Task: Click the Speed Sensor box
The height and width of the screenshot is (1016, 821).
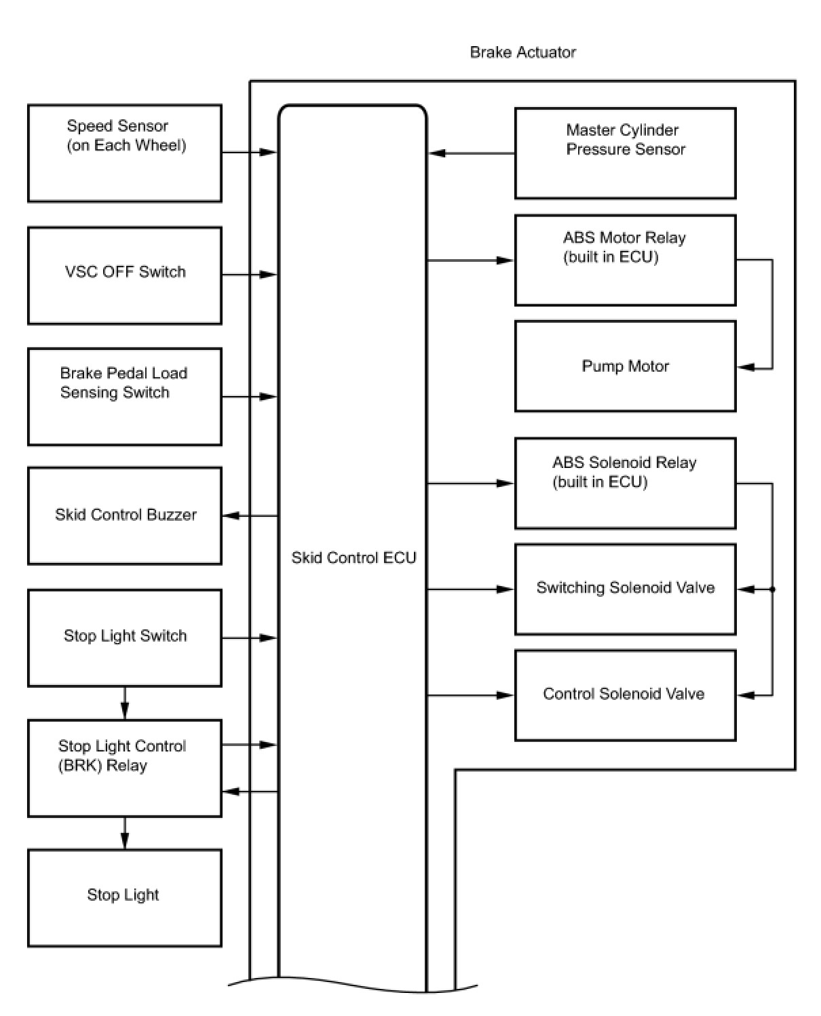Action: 124,153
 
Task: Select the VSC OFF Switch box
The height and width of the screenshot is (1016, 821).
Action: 124,275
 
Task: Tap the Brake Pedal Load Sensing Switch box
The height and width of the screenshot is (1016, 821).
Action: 124,396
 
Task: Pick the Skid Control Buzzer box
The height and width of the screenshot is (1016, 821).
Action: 124,515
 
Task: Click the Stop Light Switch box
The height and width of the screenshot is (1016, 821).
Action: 124,638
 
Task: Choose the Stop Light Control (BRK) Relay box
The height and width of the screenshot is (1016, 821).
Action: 124,768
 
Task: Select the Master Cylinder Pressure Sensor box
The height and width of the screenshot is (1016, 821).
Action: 625,153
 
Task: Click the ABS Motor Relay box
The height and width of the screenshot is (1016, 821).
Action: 625,260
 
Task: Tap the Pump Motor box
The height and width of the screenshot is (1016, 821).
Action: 625,366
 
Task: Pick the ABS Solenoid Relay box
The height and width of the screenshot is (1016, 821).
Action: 625,483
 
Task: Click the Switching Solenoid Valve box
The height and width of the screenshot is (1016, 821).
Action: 625,589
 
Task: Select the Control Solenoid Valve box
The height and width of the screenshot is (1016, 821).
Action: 625,695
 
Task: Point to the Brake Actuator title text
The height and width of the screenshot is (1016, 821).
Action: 522,52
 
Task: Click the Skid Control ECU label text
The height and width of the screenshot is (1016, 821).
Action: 354,557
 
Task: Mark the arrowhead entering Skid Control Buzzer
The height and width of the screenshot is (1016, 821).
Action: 231,515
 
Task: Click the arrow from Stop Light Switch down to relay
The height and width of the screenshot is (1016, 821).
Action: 125,703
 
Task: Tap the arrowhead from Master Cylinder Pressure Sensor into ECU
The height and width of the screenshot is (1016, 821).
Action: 436,153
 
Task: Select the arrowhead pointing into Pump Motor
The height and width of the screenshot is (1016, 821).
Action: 746,368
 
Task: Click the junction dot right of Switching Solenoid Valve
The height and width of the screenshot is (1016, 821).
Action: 772,589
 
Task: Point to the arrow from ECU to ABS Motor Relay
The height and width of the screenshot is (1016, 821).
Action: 470,260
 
